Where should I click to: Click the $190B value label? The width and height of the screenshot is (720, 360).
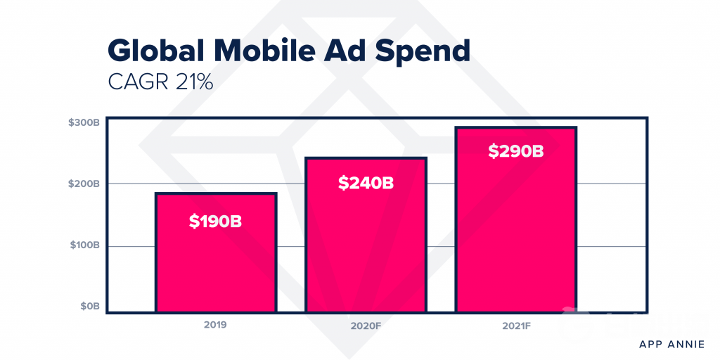[216, 221]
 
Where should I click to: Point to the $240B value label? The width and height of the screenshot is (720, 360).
[366, 183]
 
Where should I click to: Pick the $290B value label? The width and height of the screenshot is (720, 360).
[516, 150]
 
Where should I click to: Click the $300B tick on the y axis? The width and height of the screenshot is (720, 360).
[84, 122]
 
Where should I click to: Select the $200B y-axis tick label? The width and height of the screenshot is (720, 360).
[84, 184]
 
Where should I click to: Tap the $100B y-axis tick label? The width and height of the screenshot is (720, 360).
[84, 245]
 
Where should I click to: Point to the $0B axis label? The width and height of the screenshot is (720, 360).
[89, 307]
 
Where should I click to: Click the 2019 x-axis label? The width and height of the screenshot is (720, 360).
[216, 326]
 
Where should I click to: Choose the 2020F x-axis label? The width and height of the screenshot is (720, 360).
[366, 326]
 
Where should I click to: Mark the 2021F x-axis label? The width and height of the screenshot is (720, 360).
[516, 326]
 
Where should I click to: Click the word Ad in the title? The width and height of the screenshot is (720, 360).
[348, 51]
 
